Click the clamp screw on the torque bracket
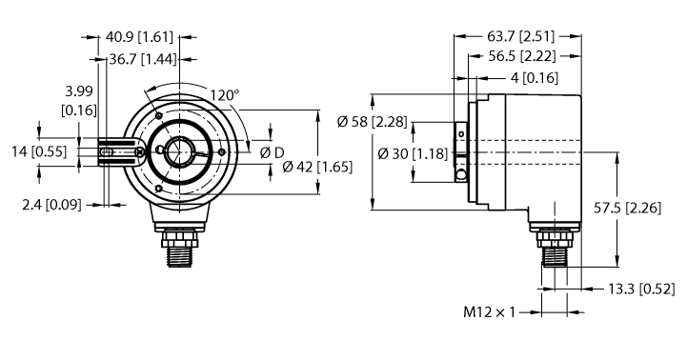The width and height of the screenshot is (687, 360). coord(139,150)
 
